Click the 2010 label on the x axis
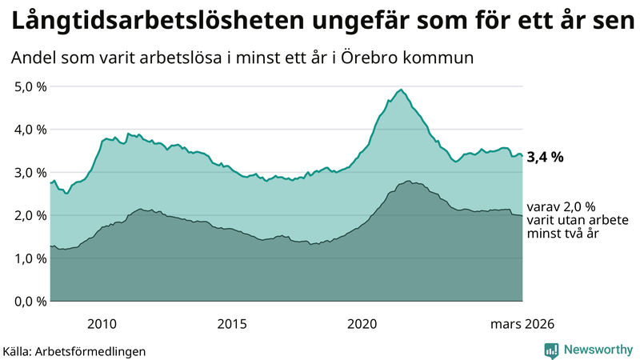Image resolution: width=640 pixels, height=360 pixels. coord(102,323)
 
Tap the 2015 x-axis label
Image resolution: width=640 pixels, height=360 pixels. coord(232,323)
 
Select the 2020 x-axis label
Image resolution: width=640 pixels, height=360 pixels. coord(362,323)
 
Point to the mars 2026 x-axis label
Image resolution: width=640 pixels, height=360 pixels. coord(522,323)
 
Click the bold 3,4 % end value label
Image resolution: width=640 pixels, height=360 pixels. coord(546,158)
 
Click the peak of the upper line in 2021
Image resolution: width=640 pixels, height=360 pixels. coord(401,90)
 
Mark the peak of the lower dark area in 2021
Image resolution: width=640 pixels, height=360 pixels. coord(408,182)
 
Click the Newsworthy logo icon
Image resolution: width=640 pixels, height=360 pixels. coord(551,350)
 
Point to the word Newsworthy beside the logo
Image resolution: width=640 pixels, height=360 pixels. coord(596,350)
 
